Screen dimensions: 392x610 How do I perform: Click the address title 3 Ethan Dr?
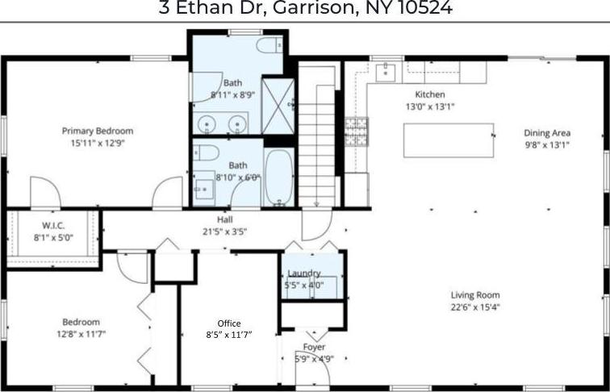pos(305,9)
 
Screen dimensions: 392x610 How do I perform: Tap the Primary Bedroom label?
pos(98,131)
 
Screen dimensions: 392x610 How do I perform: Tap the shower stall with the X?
pos(278,105)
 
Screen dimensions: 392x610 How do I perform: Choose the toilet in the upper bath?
pos(268,45)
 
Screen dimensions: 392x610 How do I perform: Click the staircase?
pos(316,137)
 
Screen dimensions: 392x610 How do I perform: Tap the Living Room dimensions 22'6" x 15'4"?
pos(475,307)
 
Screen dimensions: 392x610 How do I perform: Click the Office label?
pos(229,323)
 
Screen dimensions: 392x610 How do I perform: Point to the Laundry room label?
pos(303,273)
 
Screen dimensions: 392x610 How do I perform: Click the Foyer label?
pos(313,347)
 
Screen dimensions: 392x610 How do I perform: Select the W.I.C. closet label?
pos(52,226)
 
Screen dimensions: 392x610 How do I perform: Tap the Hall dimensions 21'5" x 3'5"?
pos(225,231)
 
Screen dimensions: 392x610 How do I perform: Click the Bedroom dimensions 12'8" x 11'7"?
pos(82,333)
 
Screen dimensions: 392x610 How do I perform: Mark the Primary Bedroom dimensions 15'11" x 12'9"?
pos(98,143)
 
